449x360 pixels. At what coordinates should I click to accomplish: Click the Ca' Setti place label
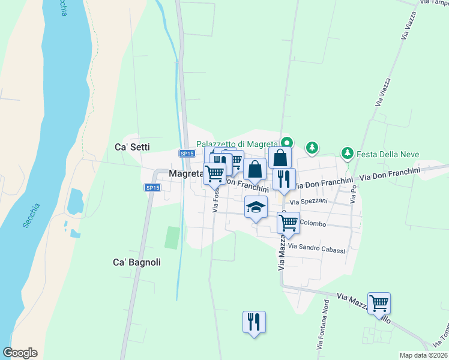click(132, 146)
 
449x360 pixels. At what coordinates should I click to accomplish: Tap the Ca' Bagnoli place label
click(137, 262)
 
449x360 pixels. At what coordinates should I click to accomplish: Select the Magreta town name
click(186, 174)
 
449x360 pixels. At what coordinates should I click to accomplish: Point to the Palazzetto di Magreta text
click(238, 144)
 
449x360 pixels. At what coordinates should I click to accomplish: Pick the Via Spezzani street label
click(309, 202)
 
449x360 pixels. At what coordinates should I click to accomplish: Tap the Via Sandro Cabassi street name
click(316, 248)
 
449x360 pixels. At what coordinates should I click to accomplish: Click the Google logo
click(20, 353)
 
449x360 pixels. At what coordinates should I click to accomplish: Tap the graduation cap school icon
click(256, 208)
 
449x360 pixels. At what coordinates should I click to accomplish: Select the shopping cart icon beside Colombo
click(288, 223)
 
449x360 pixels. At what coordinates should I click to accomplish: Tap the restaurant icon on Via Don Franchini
click(284, 178)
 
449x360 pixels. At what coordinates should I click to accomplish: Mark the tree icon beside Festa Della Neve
click(347, 154)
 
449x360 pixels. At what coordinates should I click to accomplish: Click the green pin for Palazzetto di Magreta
click(287, 143)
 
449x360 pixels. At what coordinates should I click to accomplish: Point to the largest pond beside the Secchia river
click(76, 202)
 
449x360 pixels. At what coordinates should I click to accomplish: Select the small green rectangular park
click(172, 238)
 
